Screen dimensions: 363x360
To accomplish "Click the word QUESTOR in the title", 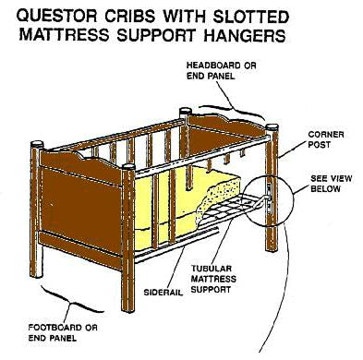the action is tap(58, 17).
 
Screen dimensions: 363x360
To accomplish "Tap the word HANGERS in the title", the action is tap(246, 35).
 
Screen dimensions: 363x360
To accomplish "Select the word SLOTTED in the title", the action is tap(250, 17).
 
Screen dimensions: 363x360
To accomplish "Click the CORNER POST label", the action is tap(326, 139).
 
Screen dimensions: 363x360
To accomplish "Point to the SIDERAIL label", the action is tap(163, 292).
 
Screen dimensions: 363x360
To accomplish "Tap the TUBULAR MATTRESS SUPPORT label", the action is tap(213, 279).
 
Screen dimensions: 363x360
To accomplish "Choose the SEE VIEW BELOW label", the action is tap(331, 184).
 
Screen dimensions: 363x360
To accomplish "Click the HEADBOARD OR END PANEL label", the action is tap(221, 70).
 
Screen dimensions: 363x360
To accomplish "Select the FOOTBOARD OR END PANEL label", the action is tap(63, 332).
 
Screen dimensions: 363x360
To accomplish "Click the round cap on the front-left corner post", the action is tap(37, 144).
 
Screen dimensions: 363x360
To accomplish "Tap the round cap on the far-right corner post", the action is tap(272, 127).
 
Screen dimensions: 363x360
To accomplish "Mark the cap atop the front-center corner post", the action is tap(128, 167).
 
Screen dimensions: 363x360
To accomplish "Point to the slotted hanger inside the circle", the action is tap(269, 197).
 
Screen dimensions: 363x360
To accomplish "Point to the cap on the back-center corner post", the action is tap(186, 111).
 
